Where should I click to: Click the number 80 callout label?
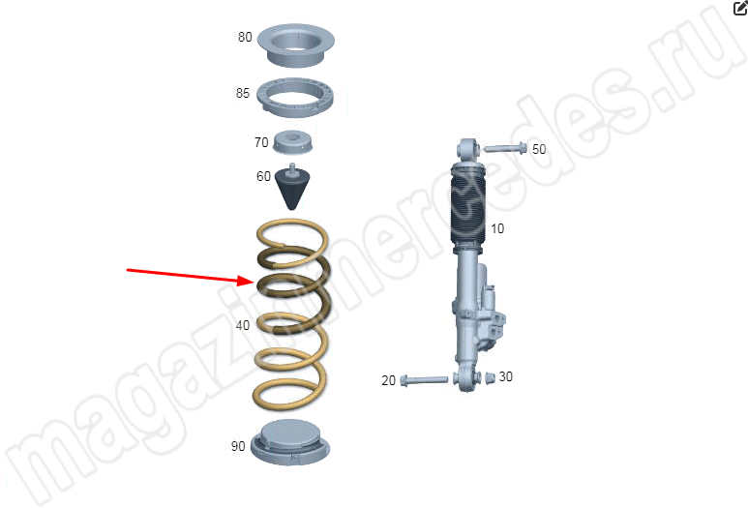245,37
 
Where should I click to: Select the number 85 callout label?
242,93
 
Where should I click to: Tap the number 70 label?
261,142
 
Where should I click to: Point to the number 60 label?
263,176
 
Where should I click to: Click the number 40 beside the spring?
242,325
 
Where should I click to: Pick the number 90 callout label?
238,446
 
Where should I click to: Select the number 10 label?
497,229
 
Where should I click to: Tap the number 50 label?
539,149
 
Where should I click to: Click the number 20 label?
388,380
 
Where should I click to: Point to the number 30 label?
505,376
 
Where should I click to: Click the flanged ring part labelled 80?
296,45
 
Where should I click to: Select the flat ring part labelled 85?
295,98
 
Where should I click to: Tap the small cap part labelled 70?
293,141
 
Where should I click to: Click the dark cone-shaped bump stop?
292,187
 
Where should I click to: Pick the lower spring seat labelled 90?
290,442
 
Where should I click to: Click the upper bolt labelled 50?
505,148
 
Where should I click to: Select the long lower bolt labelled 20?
424,380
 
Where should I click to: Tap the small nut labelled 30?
490,378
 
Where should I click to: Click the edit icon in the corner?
740,8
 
